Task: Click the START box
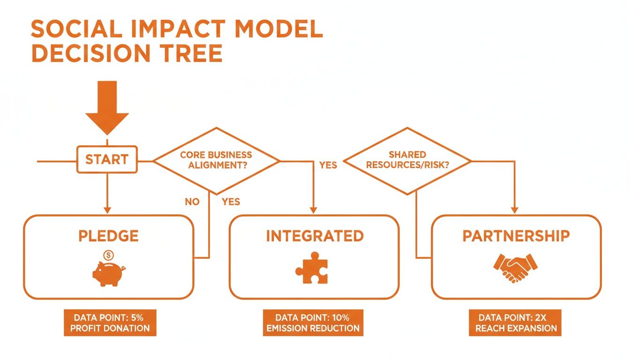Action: [x=107, y=160]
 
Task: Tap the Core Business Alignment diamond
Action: [x=216, y=160]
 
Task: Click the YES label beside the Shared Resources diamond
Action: [x=328, y=165]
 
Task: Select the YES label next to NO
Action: [x=231, y=202]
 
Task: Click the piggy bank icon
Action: [x=108, y=272]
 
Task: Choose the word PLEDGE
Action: [x=108, y=236]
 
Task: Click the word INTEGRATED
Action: [x=315, y=236]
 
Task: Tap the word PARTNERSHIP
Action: [x=516, y=236]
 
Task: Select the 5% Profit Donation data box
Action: [x=110, y=322]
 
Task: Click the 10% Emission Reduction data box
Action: [x=313, y=322]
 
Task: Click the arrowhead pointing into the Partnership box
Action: [x=516, y=210]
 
